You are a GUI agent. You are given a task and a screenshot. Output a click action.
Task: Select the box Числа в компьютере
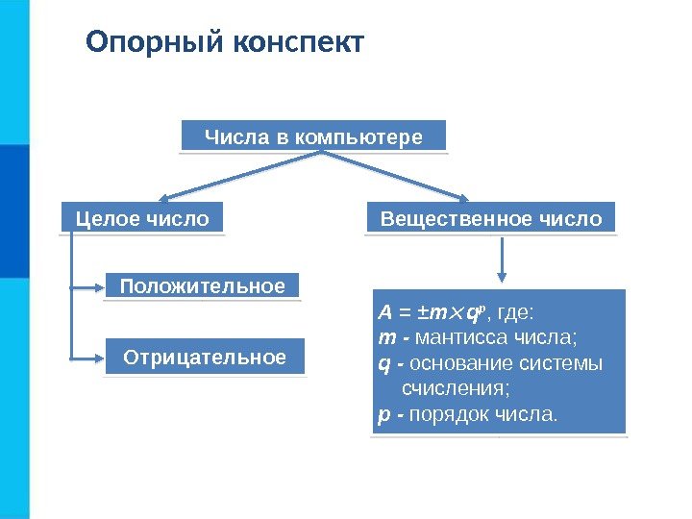click(313, 136)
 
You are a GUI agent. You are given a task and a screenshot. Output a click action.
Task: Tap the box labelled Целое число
click(142, 219)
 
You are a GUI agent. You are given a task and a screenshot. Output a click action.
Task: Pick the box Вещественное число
click(491, 219)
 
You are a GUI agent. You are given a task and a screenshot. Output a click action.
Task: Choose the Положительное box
click(202, 286)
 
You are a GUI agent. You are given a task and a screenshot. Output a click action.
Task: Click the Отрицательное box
click(205, 358)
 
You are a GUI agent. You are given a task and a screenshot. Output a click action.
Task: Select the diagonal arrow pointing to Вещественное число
click(423, 179)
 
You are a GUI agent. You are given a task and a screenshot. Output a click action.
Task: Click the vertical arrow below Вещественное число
click(501, 259)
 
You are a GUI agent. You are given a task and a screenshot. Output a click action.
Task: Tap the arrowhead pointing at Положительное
click(97, 286)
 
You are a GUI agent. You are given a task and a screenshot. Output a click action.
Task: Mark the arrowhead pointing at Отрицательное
click(97, 358)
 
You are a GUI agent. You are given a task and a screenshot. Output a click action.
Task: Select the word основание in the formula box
click(454, 363)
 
